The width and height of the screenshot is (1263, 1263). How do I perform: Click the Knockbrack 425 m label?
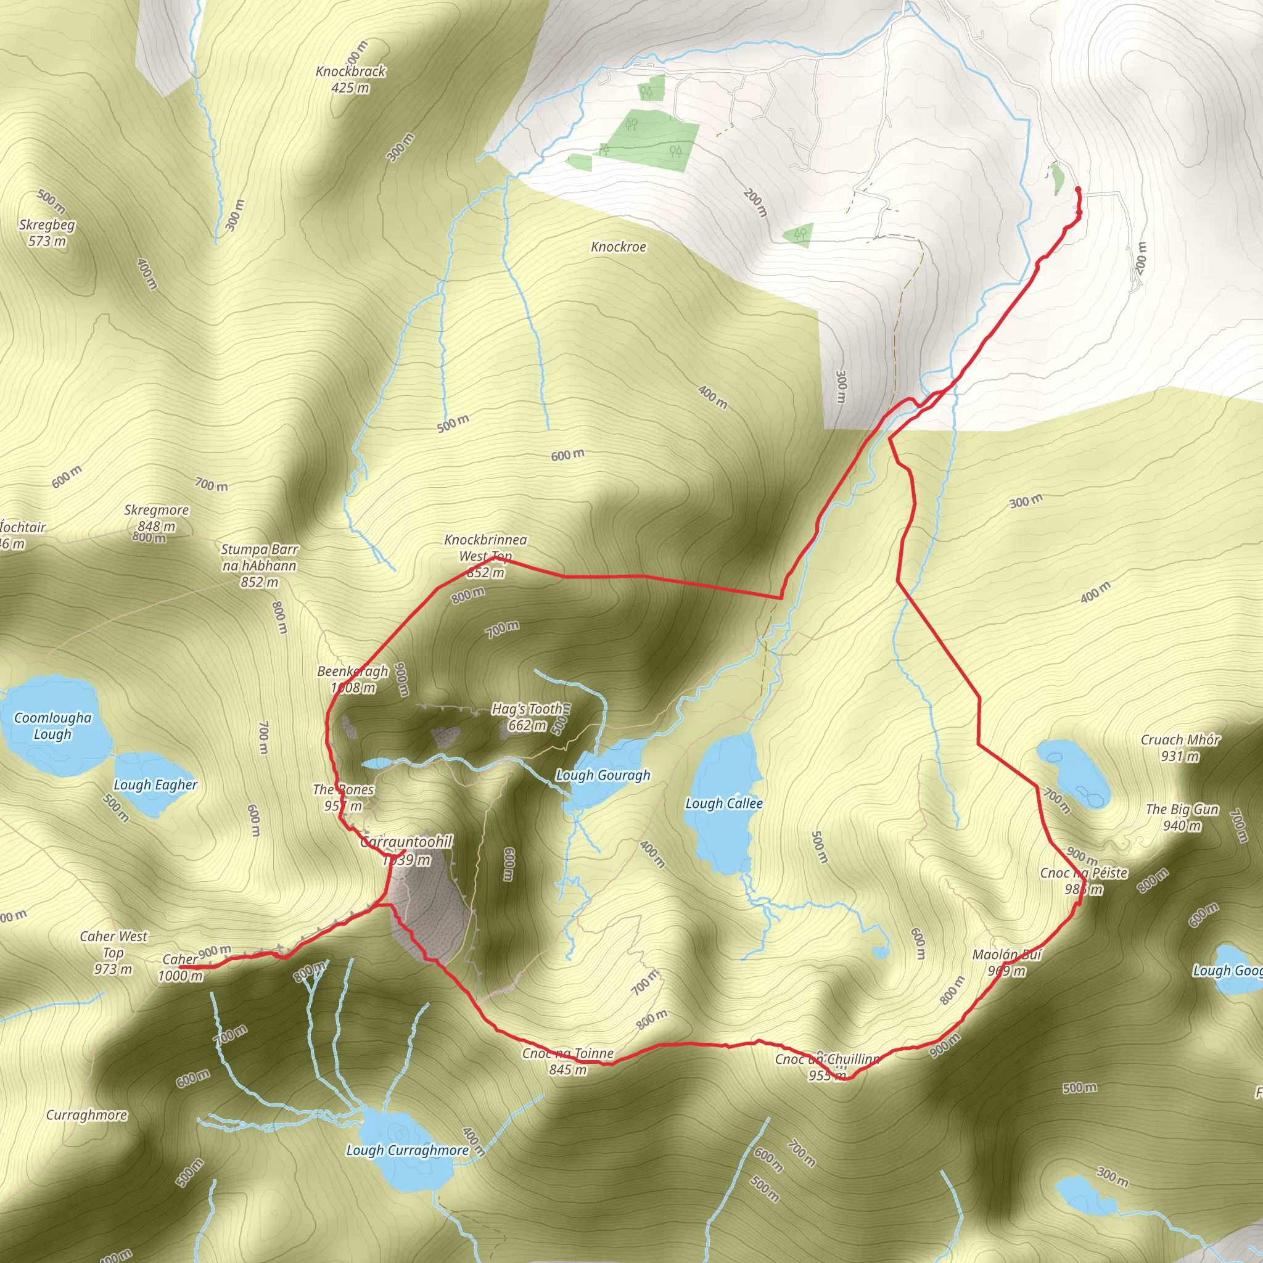click(350, 79)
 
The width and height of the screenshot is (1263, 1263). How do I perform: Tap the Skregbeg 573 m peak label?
click(47, 232)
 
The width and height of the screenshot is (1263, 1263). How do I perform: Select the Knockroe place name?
click(618, 247)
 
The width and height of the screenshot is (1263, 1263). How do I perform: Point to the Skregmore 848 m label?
click(156, 518)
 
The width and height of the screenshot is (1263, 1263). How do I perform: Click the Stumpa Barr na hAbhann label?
click(259, 565)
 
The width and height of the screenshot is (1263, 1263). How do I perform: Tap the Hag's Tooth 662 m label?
click(527, 717)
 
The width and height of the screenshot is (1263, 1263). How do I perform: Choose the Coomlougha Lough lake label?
click(53, 726)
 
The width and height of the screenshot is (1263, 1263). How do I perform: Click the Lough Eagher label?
click(155, 784)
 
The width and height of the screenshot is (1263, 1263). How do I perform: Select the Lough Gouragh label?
click(603, 775)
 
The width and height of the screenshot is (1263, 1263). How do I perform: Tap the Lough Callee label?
click(723, 804)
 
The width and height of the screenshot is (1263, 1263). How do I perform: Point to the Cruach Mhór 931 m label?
click(1180, 748)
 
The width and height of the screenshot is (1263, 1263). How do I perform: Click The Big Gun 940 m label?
click(1182, 817)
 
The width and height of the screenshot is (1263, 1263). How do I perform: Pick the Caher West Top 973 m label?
click(113, 952)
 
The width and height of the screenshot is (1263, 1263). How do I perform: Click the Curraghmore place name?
click(86, 1114)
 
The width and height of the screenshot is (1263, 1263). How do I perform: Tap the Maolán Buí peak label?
click(1006, 962)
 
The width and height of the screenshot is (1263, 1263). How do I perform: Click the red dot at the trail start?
click(1077, 189)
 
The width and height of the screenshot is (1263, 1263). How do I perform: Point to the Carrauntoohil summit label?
click(406, 850)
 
